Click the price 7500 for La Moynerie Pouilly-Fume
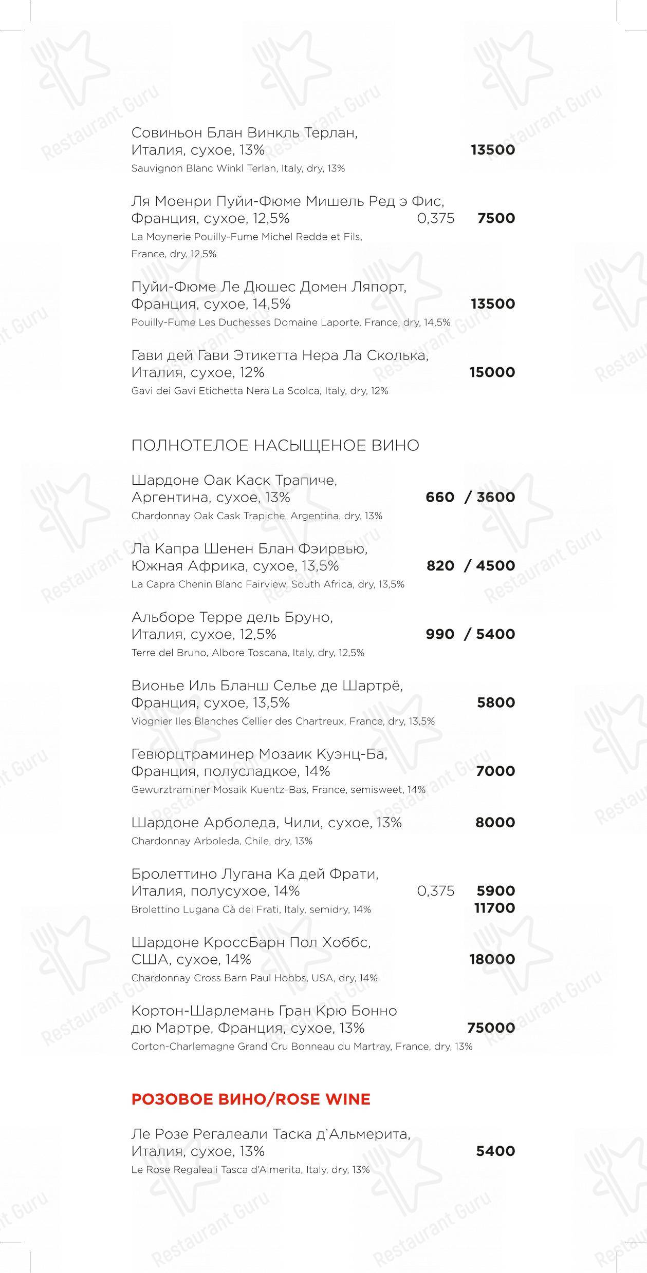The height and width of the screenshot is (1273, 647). tap(496, 218)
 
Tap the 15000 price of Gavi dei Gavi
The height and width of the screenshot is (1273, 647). tap(492, 372)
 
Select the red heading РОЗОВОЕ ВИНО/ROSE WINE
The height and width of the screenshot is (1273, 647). tap(251, 1099)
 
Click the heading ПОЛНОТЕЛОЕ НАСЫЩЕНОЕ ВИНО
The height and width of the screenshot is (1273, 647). tap(275, 445)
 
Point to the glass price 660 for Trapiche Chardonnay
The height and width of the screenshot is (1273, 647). tap(440, 497)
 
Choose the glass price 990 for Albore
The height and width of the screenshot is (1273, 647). tap(440, 634)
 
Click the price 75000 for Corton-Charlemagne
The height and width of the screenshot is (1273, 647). tap(491, 1028)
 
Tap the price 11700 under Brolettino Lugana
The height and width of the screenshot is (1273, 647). tap(494, 908)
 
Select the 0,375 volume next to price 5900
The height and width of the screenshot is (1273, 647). tap(436, 891)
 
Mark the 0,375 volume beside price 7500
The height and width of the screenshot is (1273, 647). tap(436, 218)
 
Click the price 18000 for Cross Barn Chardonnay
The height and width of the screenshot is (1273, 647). tap(492, 959)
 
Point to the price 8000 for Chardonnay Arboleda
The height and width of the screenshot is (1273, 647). tap(495, 823)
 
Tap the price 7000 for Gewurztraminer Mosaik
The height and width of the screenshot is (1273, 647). tap(495, 771)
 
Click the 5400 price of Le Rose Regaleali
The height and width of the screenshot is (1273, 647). tap(495, 1151)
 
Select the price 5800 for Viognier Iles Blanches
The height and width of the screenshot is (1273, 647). tap(495, 702)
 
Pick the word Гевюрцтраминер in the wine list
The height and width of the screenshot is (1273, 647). tap(192, 754)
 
